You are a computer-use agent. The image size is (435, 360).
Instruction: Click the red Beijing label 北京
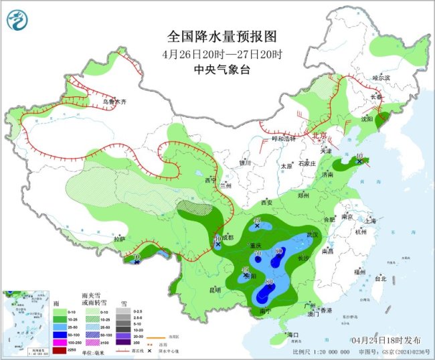(x=321, y=136)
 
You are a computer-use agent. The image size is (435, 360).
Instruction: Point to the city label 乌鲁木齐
(x=114, y=102)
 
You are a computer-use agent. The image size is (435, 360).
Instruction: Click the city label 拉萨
(x=119, y=239)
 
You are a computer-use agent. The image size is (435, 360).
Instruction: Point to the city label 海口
(x=292, y=334)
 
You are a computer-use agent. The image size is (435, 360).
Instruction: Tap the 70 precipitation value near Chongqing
(x=257, y=253)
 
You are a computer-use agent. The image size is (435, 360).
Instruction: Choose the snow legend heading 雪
(x=122, y=302)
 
